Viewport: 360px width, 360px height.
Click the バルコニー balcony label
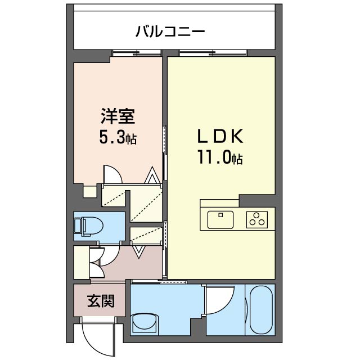pyautogui.click(x=170, y=31)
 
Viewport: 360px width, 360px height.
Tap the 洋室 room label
pyautogui.click(x=118, y=116)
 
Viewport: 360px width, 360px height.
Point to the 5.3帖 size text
pyautogui.click(x=118, y=138)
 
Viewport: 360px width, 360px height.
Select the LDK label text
pyautogui.click(x=220, y=136)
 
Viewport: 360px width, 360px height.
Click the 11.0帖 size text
pyautogui.click(x=220, y=157)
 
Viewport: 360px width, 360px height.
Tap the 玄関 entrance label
pyautogui.click(x=101, y=301)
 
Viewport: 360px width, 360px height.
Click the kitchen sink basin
pyautogui.click(x=220, y=219)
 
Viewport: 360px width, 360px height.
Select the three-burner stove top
pyautogui.click(x=257, y=219)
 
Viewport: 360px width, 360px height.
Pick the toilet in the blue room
pyautogui.click(x=89, y=226)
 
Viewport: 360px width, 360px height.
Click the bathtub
pyautogui.click(x=261, y=309)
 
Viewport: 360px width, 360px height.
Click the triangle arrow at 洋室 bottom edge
pyautogui.click(x=152, y=175)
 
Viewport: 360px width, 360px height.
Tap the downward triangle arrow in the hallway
pyautogui.click(x=139, y=252)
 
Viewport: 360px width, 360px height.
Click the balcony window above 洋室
pyautogui.click(x=137, y=53)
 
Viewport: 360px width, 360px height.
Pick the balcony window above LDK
pyautogui.click(x=213, y=53)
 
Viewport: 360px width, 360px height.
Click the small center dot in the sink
pyautogui.click(x=220, y=215)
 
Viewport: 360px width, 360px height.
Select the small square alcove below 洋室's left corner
pyautogui.click(x=90, y=191)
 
